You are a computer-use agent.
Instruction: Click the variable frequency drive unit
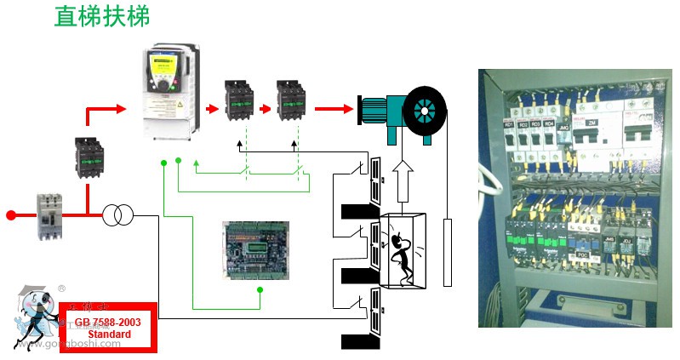click(168, 94)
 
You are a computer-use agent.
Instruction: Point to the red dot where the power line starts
click(11, 214)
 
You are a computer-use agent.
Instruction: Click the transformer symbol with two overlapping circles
click(118, 215)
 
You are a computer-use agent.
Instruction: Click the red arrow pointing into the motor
click(334, 109)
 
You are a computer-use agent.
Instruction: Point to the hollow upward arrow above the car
click(403, 182)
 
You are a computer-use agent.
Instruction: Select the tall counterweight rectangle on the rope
click(448, 252)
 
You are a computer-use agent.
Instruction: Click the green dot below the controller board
click(260, 290)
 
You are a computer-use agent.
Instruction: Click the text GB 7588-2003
click(107, 324)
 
